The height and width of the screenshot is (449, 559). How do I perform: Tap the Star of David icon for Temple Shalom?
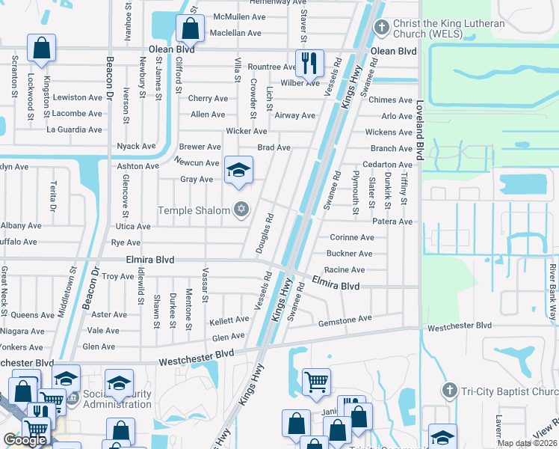pos(241,210)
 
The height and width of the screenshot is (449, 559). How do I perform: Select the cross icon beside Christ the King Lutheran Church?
pos(381,28)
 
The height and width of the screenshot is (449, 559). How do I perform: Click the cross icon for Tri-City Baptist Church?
pos(448,390)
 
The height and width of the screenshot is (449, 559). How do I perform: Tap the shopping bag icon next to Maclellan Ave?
pos(191,29)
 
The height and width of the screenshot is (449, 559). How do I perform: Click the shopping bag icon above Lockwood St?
pos(41,47)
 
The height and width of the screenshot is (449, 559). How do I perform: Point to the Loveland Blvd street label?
pos(420,129)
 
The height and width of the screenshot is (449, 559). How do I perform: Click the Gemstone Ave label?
pos(345,319)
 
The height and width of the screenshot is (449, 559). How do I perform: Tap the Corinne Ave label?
pos(351,237)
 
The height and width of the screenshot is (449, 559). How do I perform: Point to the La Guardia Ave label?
pos(74,129)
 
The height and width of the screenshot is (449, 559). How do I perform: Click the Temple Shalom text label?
pos(194,210)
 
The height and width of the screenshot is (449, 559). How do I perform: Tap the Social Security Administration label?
pos(117,399)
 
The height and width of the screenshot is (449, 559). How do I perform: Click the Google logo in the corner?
pos(25,440)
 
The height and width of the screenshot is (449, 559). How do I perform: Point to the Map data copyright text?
pos(527,443)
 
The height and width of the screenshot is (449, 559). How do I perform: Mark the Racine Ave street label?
pos(345,269)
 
